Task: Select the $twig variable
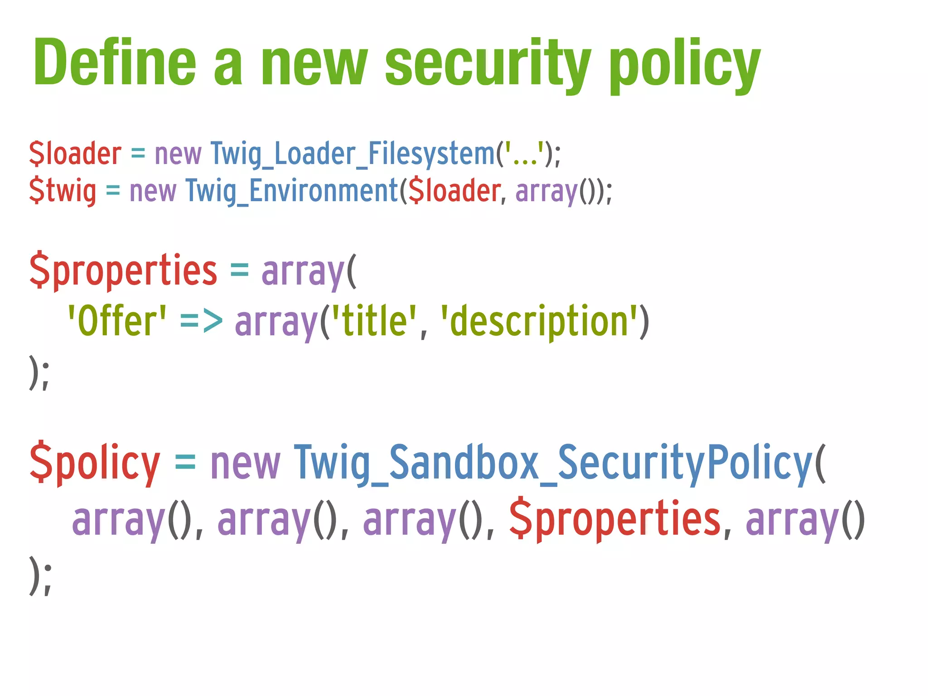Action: click(63, 190)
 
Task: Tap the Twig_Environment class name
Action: click(292, 190)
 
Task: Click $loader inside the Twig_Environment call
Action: click(454, 190)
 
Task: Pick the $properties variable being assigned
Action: click(123, 271)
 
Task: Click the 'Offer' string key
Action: click(117, 321)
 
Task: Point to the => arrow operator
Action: click(201, 321)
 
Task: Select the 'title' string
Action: click(374, 321)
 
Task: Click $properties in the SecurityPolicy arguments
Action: click(614, 519)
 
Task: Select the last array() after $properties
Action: click(805, 519)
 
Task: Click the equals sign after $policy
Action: click(185, 463)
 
